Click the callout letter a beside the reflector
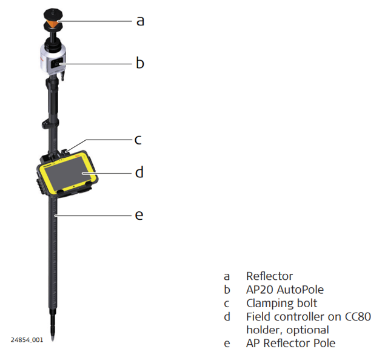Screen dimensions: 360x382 pyautogui.click(x=140, y=21)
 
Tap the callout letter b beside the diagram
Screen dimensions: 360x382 pyautogui.click(x=140, y=62)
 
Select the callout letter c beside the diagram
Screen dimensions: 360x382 pyautogui.click(x=138, y=140)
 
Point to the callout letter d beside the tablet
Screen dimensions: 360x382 pyautogui.click(x=139, y=172)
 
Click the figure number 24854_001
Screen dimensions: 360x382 pyautogui.click(x=26, y=340)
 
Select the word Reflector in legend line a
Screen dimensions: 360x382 pyautogui.click(x=269, y=276)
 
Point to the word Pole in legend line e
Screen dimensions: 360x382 pyautogui.click(x=324, y=343)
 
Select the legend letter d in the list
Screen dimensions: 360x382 pyautogui.click(x=227, y=316)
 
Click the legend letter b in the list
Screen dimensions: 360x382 pyautogui.click(x=227, y=290)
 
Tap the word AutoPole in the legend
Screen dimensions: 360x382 pyautogui.click(x=299, y=290)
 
